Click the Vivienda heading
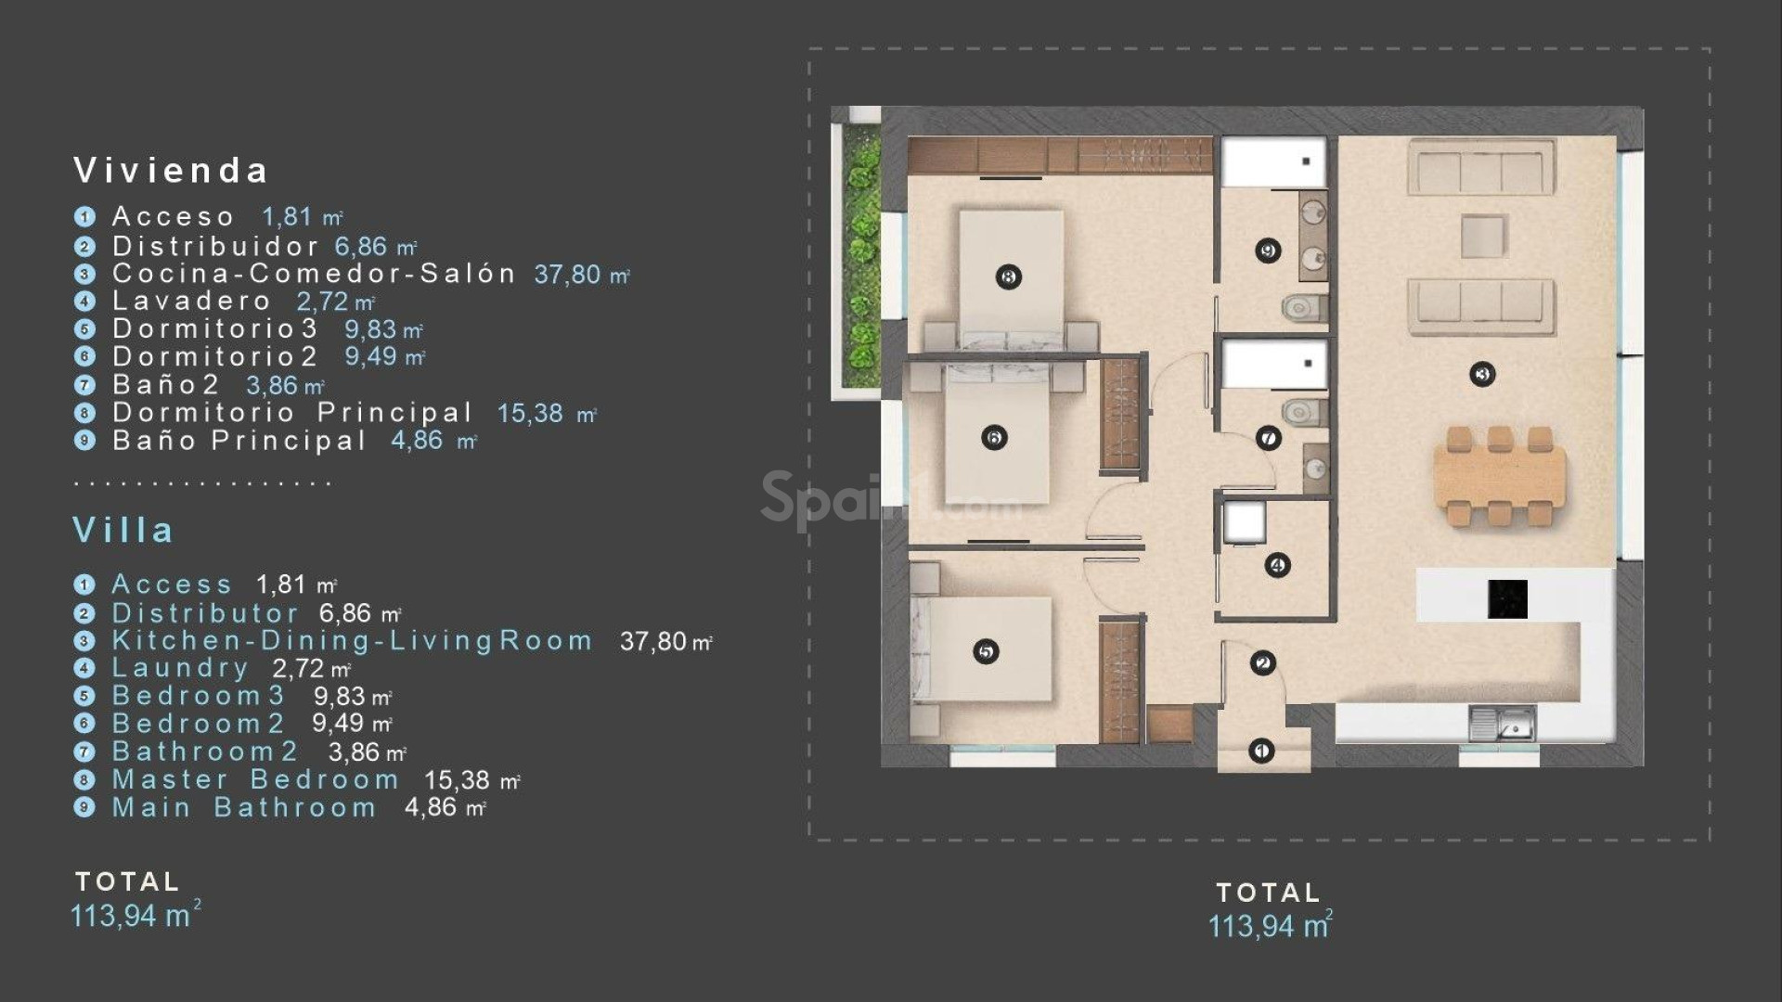tap(171, 171)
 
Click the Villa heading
tap(123, 531)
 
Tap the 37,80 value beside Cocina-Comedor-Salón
tap(567, 275)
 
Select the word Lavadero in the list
tap(191, 302)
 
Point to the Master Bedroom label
tap(255, 780)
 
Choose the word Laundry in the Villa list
tap(180, 668)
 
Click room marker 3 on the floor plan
tap(1482, 375)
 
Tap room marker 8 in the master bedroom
tap(1008, 276)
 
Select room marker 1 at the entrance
tap(1260, 750)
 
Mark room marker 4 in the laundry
tap(1277, 565)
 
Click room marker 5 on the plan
tap(986, 652)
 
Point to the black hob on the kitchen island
tap(1507, 598)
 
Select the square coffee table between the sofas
tap(1483, 236)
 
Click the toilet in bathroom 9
tap(1305, 306)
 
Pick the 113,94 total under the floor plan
tap(1269, 926)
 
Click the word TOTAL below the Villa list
tap(127, 881)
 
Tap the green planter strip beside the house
tap(863, 260)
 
